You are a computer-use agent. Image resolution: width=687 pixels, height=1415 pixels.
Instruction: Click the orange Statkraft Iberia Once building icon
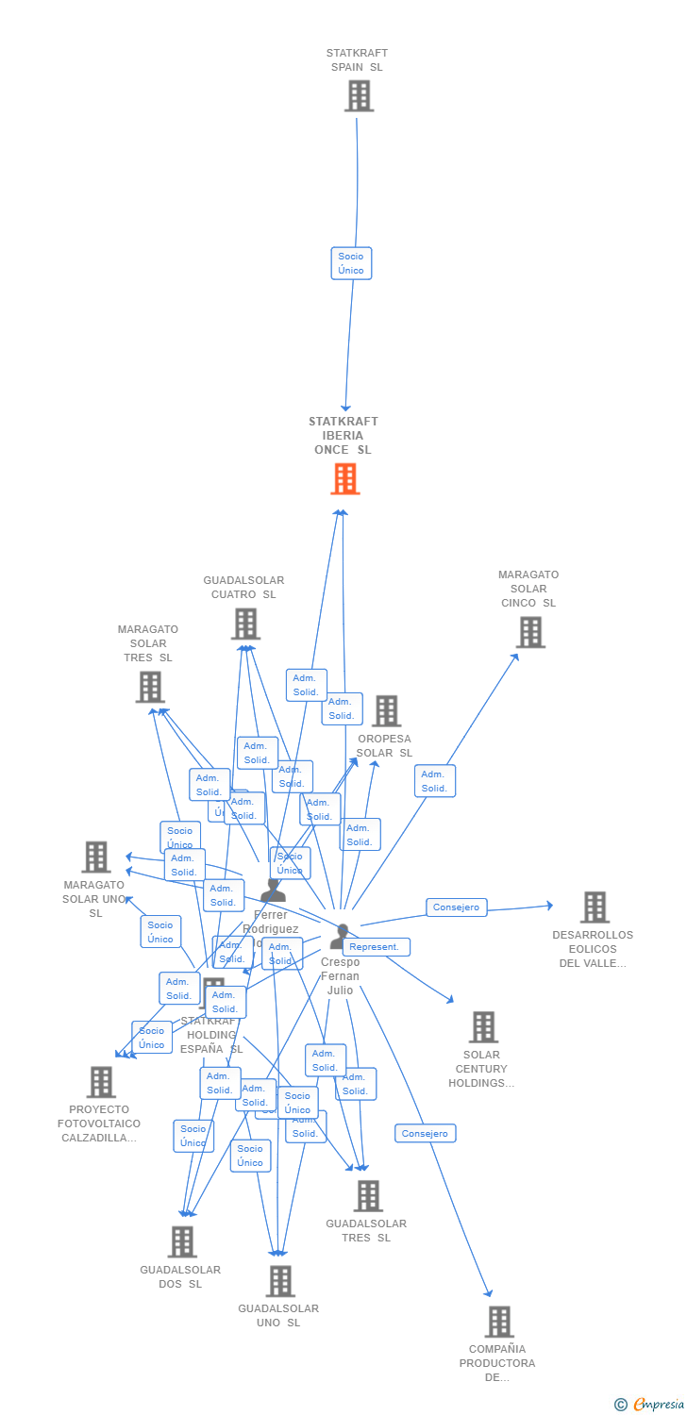click(345, 479)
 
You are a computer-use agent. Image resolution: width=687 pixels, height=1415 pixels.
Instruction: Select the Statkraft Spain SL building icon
click(359, 96)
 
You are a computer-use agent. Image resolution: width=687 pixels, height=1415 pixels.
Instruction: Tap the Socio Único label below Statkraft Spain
click(351, 263)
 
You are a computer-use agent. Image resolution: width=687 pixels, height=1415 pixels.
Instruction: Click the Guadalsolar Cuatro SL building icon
click(245, 624)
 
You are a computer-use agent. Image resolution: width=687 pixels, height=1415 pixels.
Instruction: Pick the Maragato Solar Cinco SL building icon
click(530, 632)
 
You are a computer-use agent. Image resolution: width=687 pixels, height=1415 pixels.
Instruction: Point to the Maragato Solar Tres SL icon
click(150, 687)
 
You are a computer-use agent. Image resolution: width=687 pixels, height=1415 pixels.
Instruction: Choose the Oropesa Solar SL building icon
click(386, 711)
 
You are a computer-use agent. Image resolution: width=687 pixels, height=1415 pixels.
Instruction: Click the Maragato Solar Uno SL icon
click(96, 857)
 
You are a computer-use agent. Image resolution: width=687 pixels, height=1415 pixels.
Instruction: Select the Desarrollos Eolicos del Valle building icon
click(595, 907)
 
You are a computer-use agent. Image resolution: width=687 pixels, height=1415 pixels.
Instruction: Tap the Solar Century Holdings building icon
click(483, 1027)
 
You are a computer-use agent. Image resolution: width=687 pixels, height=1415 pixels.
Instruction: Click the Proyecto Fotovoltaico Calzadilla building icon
click(101, 1082)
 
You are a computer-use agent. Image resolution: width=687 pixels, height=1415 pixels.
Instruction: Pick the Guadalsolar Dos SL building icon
click(182, 1242)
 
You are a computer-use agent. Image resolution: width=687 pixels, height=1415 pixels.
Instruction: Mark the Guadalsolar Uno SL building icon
click(280, 1281)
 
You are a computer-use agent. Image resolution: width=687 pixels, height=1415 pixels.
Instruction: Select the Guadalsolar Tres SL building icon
click(368, 1196)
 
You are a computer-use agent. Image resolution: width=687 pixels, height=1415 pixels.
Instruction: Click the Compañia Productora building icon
click(499, 1322)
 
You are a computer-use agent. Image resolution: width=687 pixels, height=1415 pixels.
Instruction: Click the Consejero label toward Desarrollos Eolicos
click(457, 907)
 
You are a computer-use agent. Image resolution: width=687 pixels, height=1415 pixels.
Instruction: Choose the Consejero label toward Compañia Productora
click(426, 1133)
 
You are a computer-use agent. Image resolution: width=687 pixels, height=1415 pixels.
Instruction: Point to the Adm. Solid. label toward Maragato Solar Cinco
click(434, 781)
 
